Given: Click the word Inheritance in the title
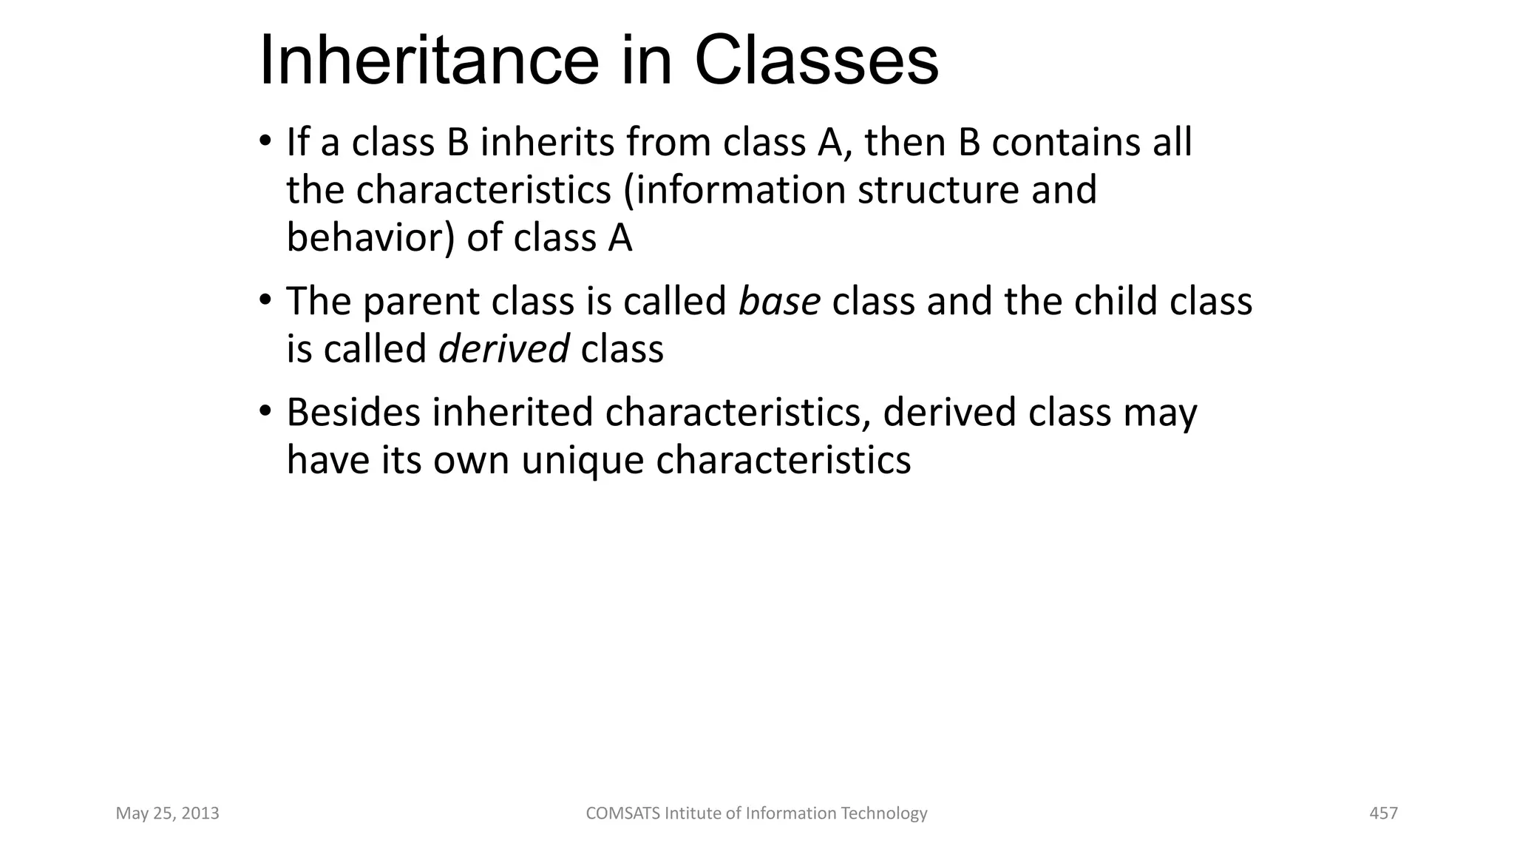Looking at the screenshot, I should coord(429,61).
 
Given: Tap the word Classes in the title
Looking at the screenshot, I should coord(816,61).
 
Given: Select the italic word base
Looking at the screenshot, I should coord(779,301).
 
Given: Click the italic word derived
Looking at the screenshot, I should coord(503,348).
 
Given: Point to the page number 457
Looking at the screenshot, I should coord(1383,814).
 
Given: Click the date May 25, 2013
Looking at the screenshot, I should coord(168,814).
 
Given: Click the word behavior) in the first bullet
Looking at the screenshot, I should coord(370,238).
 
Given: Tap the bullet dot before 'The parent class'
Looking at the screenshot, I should coord(265,300).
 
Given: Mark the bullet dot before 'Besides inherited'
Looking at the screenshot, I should coord(265,410).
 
